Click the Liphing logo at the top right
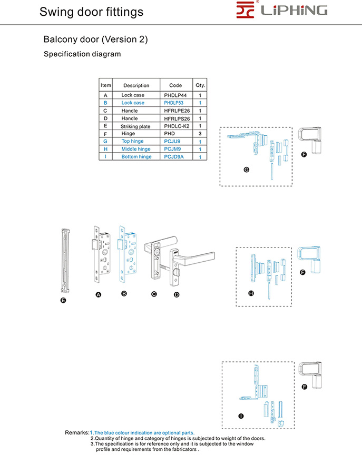click(x=282, y=11)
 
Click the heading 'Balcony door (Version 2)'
click(x=95, y=39)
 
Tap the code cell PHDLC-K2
click(x=176, y=126)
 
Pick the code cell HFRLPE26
click(x=177, y=111)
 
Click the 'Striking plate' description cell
click(x=135, y=126)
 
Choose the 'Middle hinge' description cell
click(x=136, y=149)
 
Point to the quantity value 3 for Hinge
click(x=200, y=134)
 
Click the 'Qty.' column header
click(x=200, y=85)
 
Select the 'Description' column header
click(x=136, y=85)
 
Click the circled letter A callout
click(x=98, y=295)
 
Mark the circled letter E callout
click(x=63, y=300)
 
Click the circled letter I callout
click(x=241, y=416)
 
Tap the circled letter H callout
click(x=251, y=292)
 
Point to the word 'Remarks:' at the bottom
click(x=77, y=432)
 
